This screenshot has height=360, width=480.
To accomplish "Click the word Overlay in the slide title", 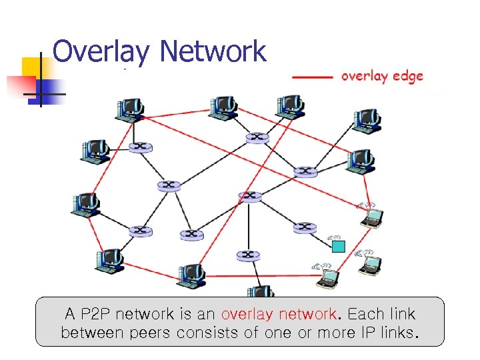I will pos(101,51).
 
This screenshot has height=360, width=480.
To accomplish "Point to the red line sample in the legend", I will pos(312,77).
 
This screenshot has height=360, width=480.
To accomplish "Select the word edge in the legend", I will pos(408,77).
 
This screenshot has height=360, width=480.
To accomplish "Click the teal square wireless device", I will pos(338,246).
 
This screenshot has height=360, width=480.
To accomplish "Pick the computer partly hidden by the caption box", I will pos(261,292).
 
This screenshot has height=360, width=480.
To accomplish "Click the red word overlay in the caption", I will pos(245,314).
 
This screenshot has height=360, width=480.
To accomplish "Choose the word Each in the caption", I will pos(365,314).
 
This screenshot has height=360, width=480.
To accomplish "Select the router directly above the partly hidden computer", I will pos(248,255).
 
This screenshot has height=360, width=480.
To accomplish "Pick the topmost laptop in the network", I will pos(371,217).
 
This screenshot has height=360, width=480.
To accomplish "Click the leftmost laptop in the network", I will pos(327,277).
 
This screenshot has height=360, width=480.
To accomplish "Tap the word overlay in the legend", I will pos(365,77).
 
